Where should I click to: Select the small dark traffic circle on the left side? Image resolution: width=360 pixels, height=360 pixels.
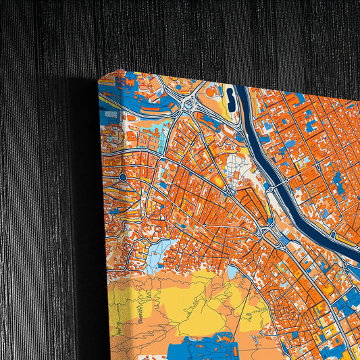pos(122,177)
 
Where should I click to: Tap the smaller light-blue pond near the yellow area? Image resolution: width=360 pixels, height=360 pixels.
pos(232,271)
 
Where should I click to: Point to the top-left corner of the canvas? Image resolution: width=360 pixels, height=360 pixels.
pos(100,79)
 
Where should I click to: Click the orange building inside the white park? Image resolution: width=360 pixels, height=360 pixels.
pos(238,177)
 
